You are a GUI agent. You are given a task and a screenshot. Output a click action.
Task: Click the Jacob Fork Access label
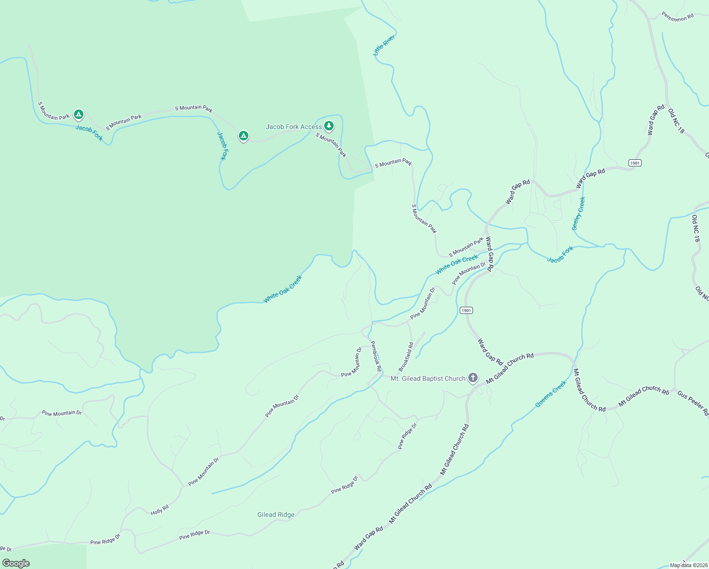pos(294,127)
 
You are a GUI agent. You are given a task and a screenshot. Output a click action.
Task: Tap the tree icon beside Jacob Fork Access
pos(328,126)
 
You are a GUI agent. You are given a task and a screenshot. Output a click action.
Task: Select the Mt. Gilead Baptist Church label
pos(428,378)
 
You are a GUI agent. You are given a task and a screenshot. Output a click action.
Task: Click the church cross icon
pos(473,378)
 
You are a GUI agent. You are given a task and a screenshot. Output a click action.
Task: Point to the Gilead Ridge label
pos(276,514)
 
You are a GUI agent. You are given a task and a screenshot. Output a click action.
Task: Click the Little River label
pos(384,45)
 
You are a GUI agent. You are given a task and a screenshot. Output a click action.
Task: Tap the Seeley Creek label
pos(579,213)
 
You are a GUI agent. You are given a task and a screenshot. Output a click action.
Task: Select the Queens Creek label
pos(551,394)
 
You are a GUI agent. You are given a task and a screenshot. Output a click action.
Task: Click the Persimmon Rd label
pos(678,17)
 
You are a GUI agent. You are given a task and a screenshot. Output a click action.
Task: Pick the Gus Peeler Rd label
pos(692,404)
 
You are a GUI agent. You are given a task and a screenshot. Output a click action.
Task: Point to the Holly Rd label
pos(160,510)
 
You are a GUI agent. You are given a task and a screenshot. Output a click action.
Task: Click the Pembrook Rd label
pos(375,356)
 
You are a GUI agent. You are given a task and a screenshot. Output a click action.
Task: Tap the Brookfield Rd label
pos(406,357)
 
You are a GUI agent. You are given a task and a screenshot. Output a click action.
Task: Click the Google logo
pos(16,563)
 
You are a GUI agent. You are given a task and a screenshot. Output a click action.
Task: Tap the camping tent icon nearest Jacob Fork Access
pos(243,136)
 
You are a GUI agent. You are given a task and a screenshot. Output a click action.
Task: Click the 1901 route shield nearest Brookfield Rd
pos(466,311)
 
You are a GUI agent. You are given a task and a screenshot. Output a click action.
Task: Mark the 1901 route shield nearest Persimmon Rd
pos(635,163)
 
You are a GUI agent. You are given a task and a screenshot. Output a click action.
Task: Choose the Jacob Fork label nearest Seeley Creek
pos(560,254)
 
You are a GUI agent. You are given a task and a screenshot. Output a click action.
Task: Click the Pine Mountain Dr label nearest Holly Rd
pos(204,471)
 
